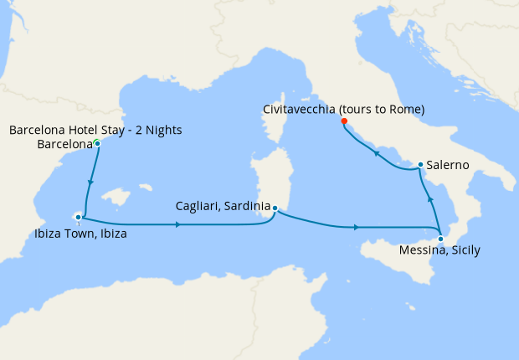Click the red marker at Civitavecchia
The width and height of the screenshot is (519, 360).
[x=344, y=121]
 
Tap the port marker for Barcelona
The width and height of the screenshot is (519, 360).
[x=98, y=144]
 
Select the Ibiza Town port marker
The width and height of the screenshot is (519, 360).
[x=78, y=217]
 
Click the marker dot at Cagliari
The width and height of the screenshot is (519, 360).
[x=275, y=208]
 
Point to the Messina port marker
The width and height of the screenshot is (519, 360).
[x=441, y=239]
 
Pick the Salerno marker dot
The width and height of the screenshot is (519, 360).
[x=419, y=164]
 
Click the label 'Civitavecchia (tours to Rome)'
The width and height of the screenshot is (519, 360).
[x=343, y=110]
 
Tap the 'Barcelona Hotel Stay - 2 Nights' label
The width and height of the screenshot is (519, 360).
[x=95, y=130]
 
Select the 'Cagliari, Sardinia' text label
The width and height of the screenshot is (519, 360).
[x=223, y=205]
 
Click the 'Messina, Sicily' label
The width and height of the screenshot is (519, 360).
[x=439, y=250]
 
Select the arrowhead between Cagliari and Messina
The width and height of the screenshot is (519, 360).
[x=358, y=227]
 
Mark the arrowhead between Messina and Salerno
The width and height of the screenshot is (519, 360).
[x=430, y=199]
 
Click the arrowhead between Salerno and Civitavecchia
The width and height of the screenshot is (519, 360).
[x=377, y=153]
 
